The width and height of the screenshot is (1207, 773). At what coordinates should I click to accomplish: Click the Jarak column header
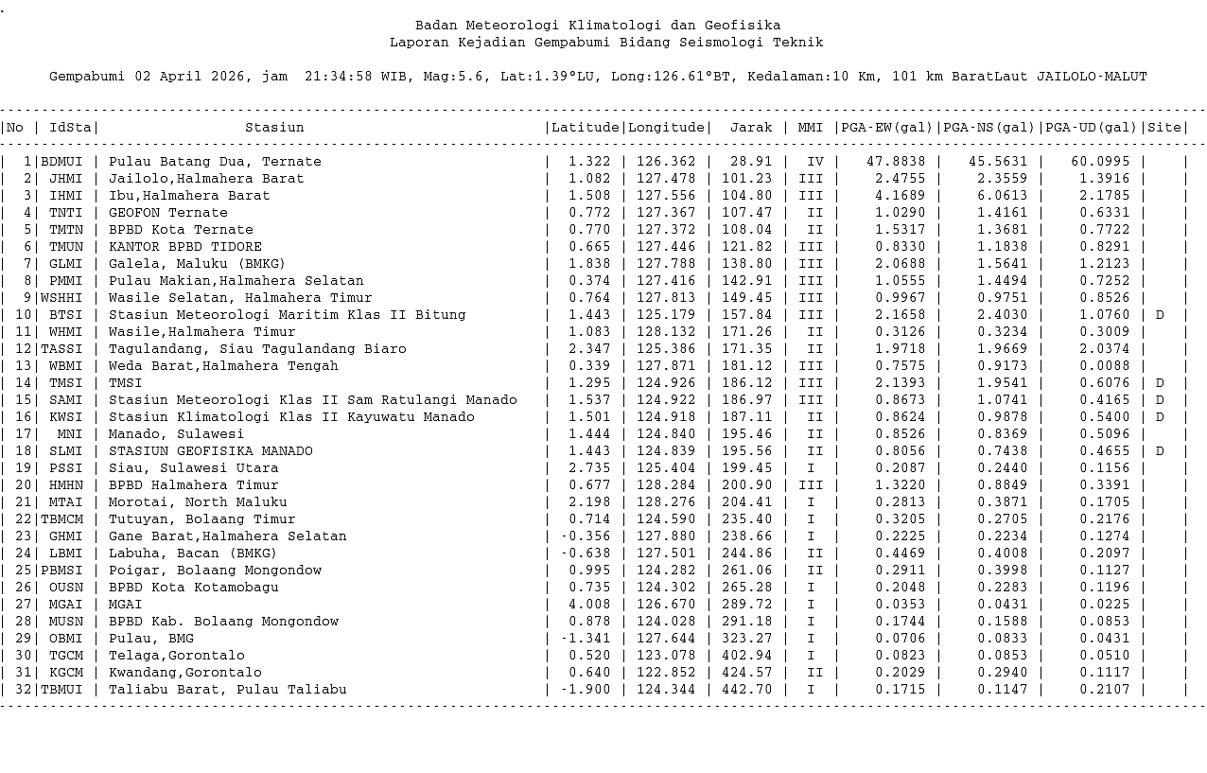tap(751, 128)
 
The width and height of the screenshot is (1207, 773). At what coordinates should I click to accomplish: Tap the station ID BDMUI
tap(61, 162)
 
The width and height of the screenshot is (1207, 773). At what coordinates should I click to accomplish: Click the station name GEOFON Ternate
tap(167, 213)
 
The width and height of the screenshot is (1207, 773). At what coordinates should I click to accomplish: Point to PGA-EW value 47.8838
tap(896, 162)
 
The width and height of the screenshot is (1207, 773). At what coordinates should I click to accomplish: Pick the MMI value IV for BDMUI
tap(810, 162)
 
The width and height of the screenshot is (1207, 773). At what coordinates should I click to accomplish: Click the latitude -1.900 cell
tap(586, 690)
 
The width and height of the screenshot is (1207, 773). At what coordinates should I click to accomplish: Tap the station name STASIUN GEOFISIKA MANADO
tap(210, 451)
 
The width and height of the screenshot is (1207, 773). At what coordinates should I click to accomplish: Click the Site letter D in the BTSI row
tap(1160, 315)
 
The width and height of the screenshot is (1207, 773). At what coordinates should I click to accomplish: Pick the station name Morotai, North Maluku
tap(197, 502)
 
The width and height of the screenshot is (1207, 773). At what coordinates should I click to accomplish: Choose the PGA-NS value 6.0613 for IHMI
tap(998, 196)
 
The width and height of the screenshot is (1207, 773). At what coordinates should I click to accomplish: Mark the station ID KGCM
tap(65, 673)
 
